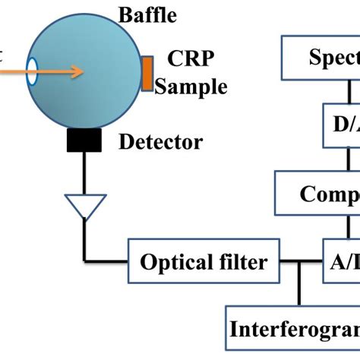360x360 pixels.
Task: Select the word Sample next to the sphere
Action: click(x=191, y=87)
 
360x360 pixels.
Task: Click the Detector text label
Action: click(x=161, y=142)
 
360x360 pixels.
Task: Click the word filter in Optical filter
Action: click(x=242, y=263)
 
